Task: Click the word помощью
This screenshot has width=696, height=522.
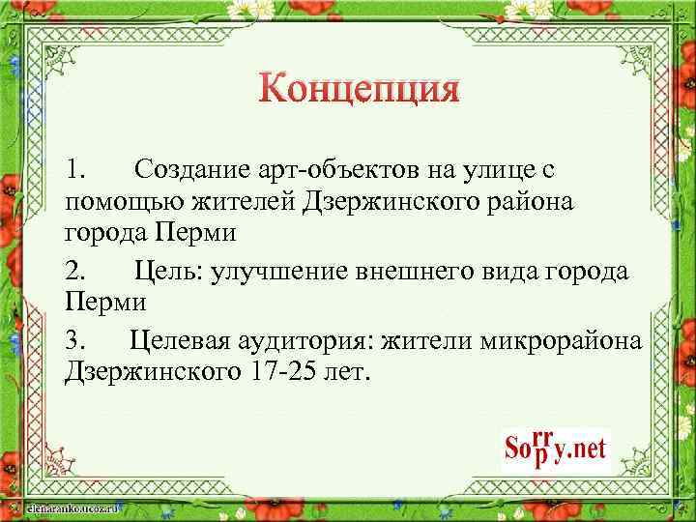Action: coord(115,203)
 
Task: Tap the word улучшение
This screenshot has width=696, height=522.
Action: coord(282,270)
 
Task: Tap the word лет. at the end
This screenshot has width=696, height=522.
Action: coord(344,372)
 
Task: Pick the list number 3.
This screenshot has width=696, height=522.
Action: coord(76,339)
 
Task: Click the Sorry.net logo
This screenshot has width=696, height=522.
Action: coord(556,448)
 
